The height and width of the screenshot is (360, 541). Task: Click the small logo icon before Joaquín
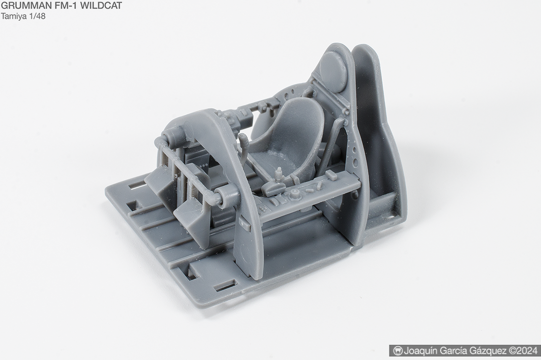coord(398,351)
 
